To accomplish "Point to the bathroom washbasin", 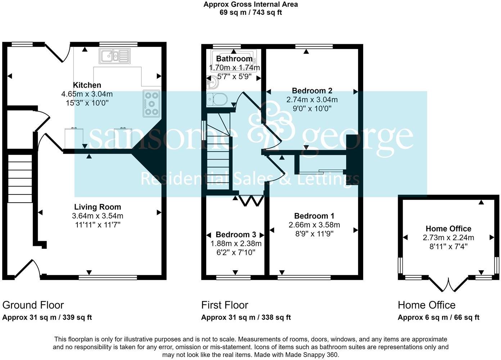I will [x=211, y=82].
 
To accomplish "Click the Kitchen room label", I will [x=87, y=85].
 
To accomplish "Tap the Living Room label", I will [x=98, y=207].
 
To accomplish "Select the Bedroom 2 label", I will [x=312, y=91].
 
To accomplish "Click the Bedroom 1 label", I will [x=314, y=216].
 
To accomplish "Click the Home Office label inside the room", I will [x=448, y=229].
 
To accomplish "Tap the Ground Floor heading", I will [x=33, y=305].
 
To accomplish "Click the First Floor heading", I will [x=225, y=305].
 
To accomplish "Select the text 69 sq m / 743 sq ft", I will [x=250, y=13].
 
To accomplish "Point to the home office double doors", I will [x=448, y=284].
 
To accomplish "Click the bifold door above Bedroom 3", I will [x=250, y=201].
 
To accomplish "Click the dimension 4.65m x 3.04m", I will [x=87, y=94].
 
